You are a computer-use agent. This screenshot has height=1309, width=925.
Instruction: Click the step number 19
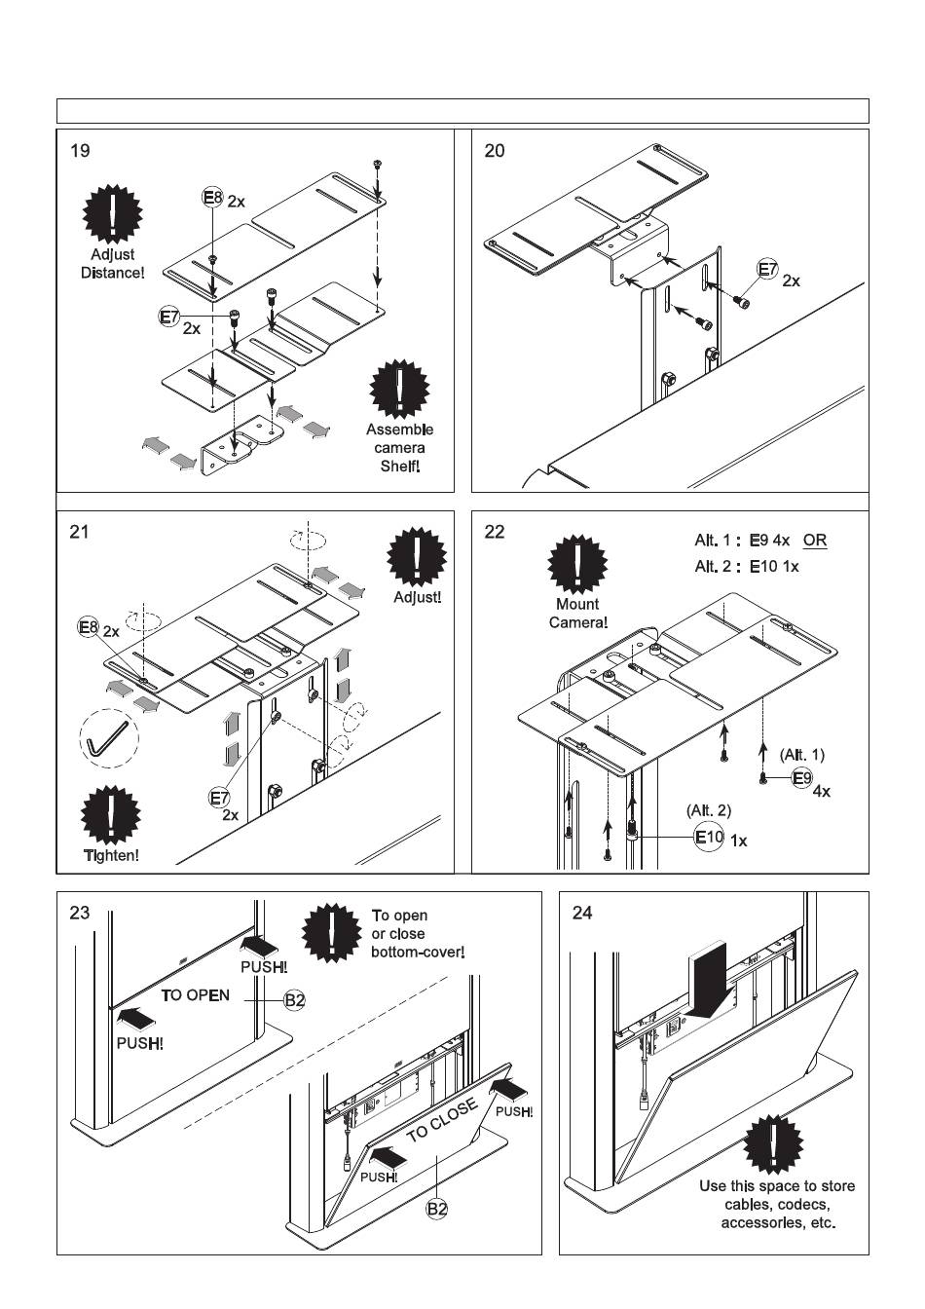coord(80,151)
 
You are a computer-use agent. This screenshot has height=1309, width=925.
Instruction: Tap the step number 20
coord(495,151)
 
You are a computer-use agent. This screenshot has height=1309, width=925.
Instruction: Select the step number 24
coord(582,913)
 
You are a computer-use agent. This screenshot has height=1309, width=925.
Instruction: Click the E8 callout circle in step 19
coord(212,198)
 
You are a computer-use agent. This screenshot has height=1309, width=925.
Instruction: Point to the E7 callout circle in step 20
coord(768,270)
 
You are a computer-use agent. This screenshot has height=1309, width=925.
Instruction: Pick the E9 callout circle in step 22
coord(801,777)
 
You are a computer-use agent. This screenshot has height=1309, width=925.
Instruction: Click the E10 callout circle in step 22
coord(709,837)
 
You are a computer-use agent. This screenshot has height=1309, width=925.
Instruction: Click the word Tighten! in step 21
coord(111,855)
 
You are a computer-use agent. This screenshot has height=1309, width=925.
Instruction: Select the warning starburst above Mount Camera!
coord(578,564)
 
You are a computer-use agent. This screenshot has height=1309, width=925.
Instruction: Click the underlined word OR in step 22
coord(815,541)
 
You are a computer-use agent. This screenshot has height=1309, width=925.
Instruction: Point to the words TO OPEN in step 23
coord(196,994)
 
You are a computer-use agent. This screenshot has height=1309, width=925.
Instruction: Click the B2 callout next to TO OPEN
coord(294,1000)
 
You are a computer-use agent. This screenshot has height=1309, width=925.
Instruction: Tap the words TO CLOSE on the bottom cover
coord(442,1120)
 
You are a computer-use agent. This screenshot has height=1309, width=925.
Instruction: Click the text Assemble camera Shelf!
coord(400,448)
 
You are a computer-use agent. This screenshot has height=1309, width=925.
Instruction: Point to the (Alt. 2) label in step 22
coord(709,809)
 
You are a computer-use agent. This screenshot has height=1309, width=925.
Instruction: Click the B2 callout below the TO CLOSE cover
coord(437,1208)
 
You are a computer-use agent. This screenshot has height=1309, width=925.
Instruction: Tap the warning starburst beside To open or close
coord(332,933)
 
